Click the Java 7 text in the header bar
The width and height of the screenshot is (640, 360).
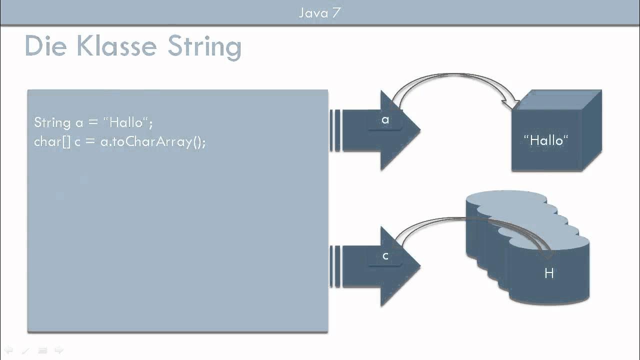tap(320, 12)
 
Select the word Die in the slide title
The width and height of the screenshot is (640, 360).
tap(45, 46)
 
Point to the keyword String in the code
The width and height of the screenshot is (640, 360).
tap(52, 123)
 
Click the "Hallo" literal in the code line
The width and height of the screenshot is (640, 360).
tap(127, 122)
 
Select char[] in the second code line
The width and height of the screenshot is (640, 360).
tap(52, 141)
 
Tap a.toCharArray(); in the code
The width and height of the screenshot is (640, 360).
tap(153, 142)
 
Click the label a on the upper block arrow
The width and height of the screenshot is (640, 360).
tap(385, 120)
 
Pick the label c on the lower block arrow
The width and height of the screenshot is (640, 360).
tap(385, 256)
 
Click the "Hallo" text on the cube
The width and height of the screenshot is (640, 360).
tap(546, 140)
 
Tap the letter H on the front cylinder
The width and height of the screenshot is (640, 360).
tap(549, 273)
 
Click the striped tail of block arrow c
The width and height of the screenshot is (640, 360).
tap(335, 266)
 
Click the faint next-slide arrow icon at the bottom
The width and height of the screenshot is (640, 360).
tap(58, 350)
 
